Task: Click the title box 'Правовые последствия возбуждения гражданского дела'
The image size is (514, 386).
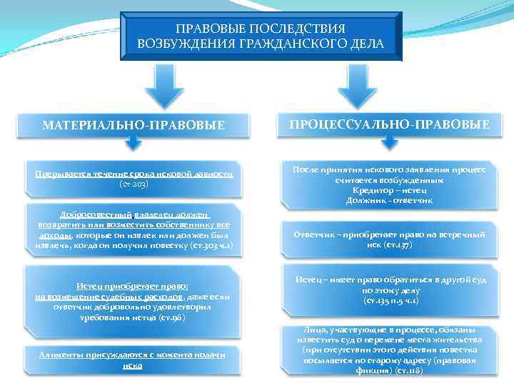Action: tap(260, 36)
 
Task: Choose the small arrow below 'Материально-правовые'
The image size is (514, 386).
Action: tap(133, 143)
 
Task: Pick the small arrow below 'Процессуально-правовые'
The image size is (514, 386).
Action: tap(388, 143)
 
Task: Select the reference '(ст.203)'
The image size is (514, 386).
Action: tap(134, 184)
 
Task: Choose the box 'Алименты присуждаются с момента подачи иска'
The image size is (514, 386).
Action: tap(132, 360)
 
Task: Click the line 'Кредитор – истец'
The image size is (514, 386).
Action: tap(390, 191)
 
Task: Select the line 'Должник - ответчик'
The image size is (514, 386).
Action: tap(390, 200)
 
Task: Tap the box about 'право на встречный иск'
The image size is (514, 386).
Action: tap(389, 239)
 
